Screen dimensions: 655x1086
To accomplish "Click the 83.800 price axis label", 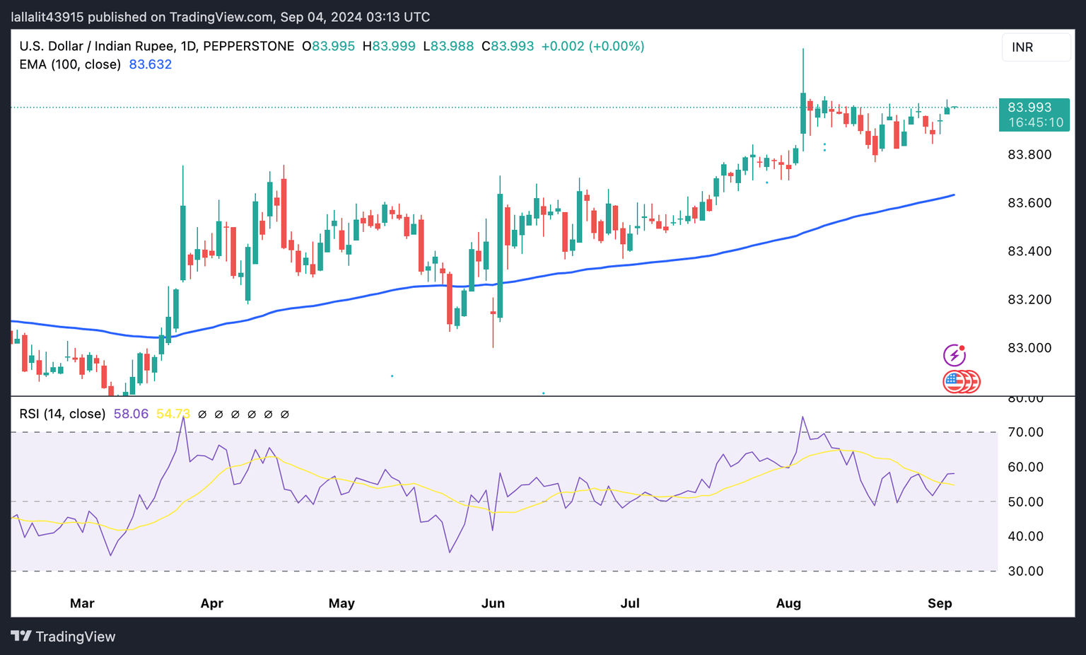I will [x=1029, y=154].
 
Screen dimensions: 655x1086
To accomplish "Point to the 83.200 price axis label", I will [x=1029, y=299].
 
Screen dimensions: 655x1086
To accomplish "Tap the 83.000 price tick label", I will [x=1029, y=348].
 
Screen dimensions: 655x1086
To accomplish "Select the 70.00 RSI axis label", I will [x=1025, y=432].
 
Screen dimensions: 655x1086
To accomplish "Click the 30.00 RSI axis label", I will [x=1025, y=571].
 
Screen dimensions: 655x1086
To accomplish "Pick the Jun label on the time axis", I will [x=493, y=603].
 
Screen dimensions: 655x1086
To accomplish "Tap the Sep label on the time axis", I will [x=940, y=603].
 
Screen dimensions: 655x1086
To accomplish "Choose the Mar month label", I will [x=82, y=603].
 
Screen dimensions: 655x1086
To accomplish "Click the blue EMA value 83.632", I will [x=150, y=64].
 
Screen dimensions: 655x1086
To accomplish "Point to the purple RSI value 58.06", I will [x=131, y=414].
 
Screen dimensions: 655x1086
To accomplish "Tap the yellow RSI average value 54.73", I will [x=173, y=414].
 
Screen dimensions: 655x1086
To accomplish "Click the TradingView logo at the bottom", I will [x=63, y=637].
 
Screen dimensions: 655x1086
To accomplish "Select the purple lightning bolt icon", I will [x=954, y=354].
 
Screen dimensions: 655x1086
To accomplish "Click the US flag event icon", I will [x=954, y=381].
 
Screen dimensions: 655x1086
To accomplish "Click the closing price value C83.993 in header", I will [x=508, y=47].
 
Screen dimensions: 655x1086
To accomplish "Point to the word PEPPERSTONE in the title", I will [x=248, y=47].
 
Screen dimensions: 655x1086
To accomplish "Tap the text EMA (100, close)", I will [x=70, y=64].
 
